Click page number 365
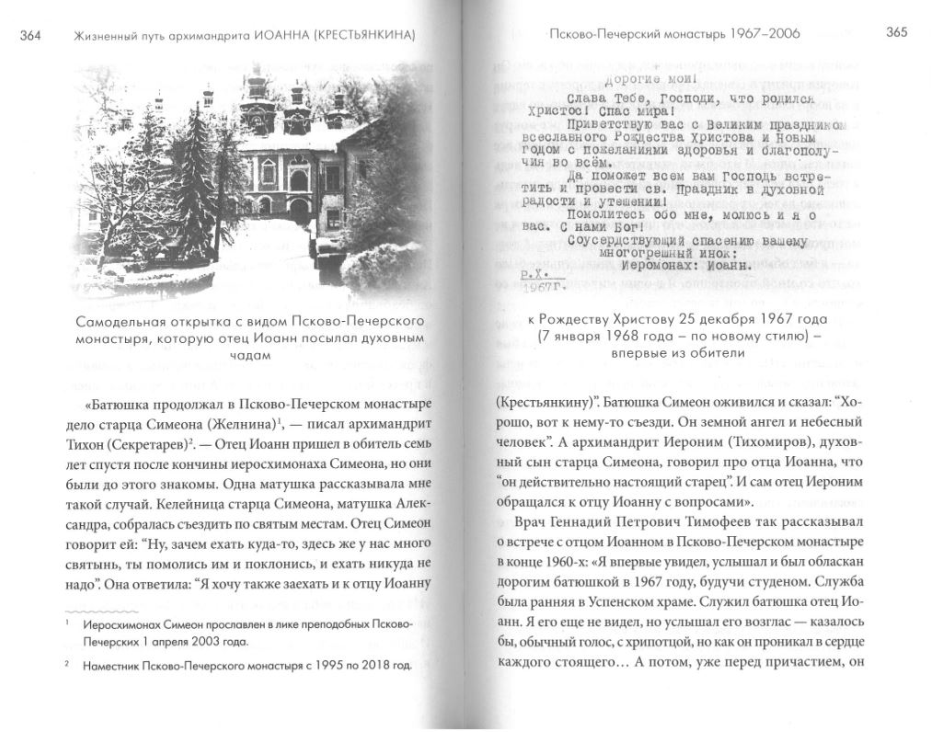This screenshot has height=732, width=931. [x=897, y=33]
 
